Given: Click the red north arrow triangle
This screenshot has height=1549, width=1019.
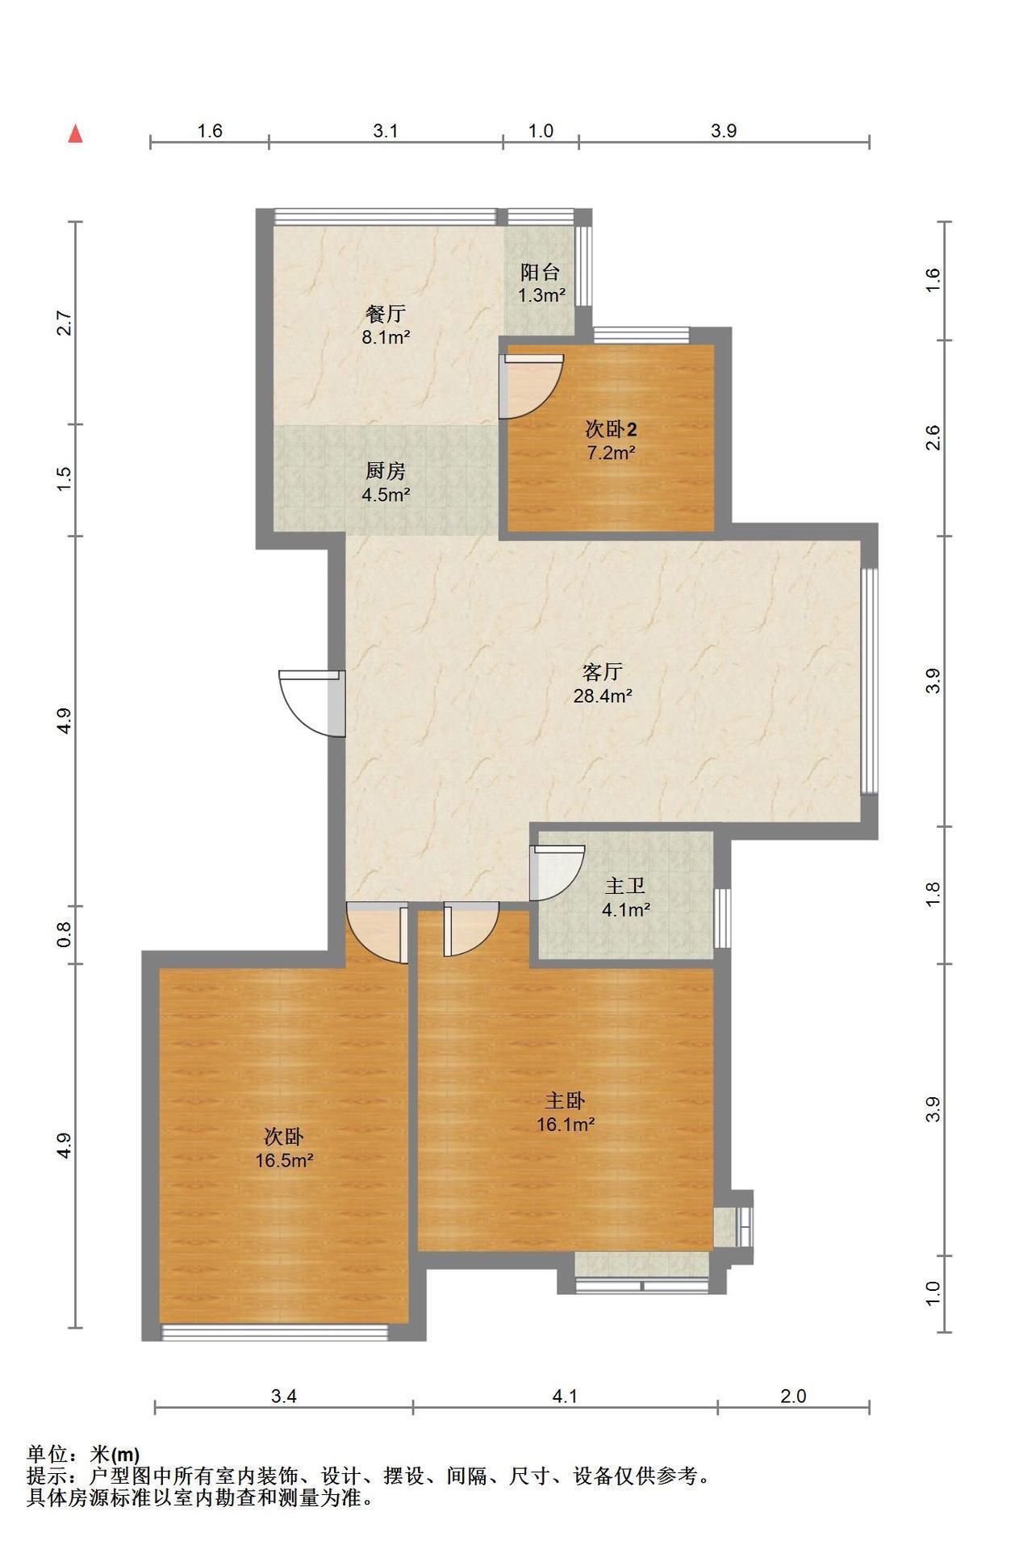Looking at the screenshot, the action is [76, 134].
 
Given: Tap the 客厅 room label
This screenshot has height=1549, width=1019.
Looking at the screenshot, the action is [602, 672].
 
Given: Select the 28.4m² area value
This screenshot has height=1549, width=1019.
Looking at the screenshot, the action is [602, 695].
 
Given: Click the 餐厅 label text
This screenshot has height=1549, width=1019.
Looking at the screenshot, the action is [385, 314].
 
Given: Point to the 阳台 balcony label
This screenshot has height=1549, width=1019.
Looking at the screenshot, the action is [541, 272].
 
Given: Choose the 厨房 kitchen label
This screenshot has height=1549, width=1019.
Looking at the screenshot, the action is [385, 471].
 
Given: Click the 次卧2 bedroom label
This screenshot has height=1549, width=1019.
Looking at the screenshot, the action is [611, 428].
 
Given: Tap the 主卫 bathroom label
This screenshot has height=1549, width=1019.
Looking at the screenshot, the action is [625, 886].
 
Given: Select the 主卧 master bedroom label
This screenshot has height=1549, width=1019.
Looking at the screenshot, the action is [566, 1100].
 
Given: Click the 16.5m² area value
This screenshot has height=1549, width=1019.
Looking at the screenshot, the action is [284, 1160].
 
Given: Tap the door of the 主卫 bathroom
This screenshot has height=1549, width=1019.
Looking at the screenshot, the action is [555, 872].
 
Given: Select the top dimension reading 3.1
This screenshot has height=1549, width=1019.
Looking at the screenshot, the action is [386, 131].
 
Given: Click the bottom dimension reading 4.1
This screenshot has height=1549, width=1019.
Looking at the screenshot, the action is [565, 1396].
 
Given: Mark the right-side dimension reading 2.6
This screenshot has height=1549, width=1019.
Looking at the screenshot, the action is [933, 438].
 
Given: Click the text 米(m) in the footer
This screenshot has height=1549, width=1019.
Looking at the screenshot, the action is [115, 1455].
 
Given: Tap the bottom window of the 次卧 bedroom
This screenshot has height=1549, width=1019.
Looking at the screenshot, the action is [275, 1332].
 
